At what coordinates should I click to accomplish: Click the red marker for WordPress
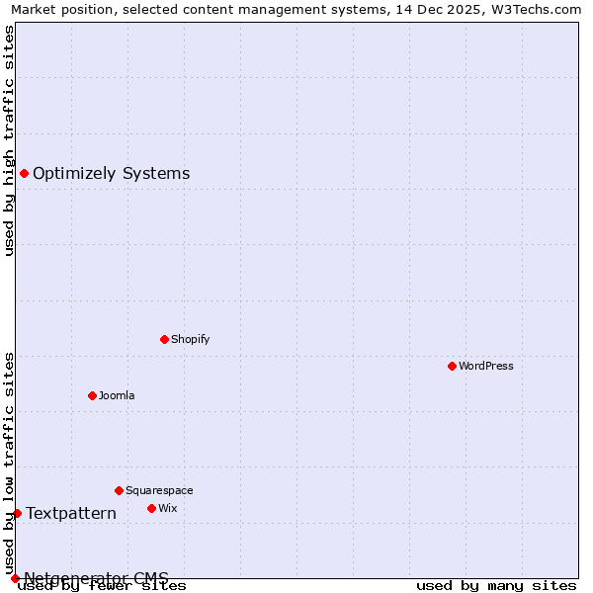pos(452,366)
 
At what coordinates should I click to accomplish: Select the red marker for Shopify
pos(164,339)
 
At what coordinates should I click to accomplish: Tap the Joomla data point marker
pos(92,395)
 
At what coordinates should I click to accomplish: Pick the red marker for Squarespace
pos(119,490)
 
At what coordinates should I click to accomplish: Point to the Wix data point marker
pos(151,508)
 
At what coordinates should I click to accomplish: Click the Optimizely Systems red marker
pos(24,174)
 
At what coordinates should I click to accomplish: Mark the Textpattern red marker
pos(17,513)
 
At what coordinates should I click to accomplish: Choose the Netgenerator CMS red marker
pos(15,578)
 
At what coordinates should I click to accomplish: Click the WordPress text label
pos(486,366)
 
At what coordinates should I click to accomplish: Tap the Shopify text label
pos(191,339)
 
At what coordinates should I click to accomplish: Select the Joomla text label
pos(117,395)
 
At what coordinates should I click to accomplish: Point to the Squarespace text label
pos(159,490)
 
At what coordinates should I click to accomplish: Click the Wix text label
pos(168,508)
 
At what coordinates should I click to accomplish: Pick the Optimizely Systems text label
pos(112,174)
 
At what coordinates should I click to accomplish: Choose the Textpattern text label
pos(71,513)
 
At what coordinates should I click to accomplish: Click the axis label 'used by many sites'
pos(496,586)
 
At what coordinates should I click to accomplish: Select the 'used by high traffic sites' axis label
pos(9,140)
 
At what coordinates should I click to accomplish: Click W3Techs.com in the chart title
pos(537,9)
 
